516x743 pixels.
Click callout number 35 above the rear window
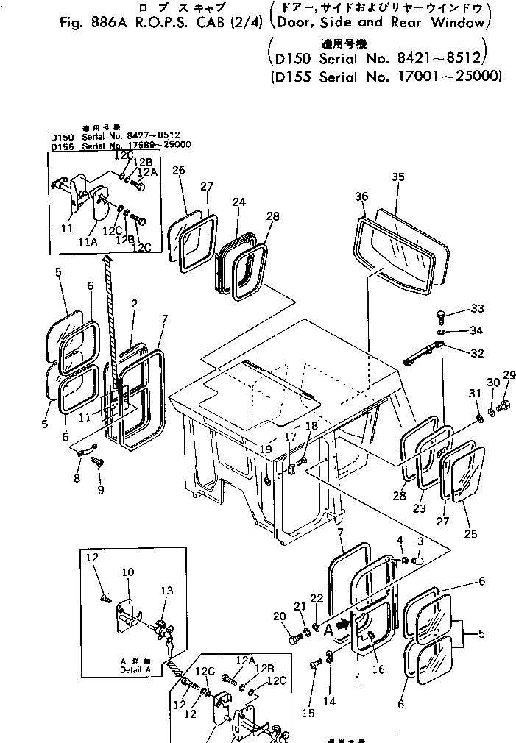[x=398, y=177]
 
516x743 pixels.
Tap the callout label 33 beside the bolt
[x=478, y=308]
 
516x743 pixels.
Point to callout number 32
[x=477, y=353]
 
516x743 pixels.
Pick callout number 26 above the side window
[x=178, y=171]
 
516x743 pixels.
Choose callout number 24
[x=238, y=201]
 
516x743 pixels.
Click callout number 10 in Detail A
[x=127, y=572]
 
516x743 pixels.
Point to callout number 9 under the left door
[x=101, y=490]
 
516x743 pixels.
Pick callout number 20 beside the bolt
[x=279, y=616]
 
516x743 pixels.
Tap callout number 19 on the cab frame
[x=264, y=449]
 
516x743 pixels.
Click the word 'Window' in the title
[x=461, y=23]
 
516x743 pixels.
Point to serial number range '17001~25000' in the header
[x=456, y=76]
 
